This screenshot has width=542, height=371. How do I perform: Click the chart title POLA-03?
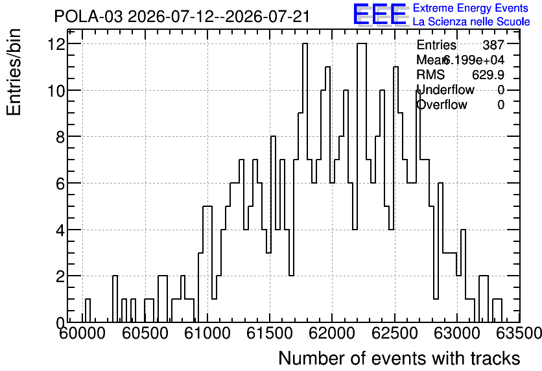pos(88,16)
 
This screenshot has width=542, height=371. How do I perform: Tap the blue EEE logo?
pos(379,14)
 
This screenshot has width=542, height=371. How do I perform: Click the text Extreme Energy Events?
pos(471,8)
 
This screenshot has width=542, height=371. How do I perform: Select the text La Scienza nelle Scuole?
pos(471,22)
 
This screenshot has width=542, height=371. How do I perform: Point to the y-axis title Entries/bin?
pos(14,72)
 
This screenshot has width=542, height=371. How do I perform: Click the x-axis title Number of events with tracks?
pos(399,358)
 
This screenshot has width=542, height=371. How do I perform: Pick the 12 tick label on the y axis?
pos(58,44)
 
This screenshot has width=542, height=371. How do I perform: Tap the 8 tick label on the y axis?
pos(61,137)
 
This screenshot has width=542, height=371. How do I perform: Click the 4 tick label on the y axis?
pos(61,230)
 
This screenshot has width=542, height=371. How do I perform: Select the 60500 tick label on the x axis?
pos(145,333)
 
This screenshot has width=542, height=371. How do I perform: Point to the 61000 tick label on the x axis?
pos(207,333)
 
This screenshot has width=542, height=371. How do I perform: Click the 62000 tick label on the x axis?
pos(332,333)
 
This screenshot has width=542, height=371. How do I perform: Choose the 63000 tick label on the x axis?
pos(456,333)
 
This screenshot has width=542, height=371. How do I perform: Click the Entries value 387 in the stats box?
pos(493,45)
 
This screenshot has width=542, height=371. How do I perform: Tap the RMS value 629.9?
pos(488,75)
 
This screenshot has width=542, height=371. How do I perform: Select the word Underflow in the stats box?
pos(445,90)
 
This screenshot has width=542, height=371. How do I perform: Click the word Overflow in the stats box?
pos(442,104)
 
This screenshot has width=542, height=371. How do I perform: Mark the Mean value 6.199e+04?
pos(473,60)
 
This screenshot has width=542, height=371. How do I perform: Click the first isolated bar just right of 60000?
pos(88,311)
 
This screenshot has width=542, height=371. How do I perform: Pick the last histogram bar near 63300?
pos(497,311)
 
